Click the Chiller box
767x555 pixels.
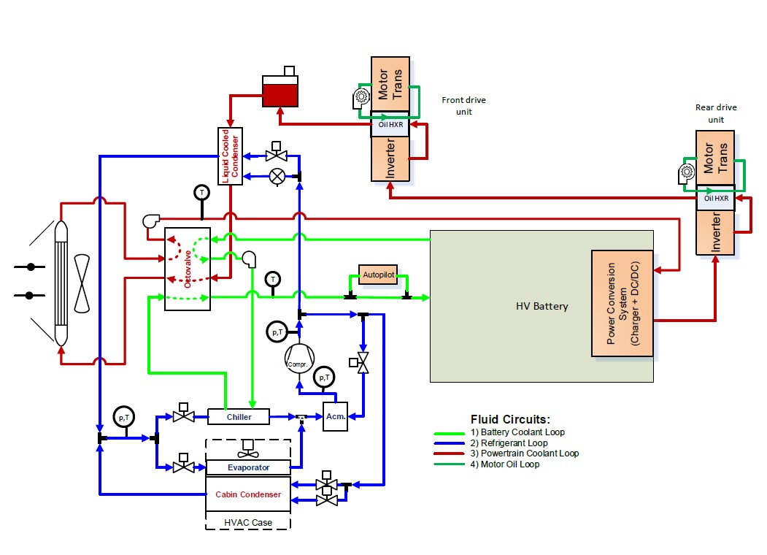click(x=239, y=416)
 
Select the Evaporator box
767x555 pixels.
click(x=248, y=467)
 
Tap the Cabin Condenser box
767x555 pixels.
click(x=248, y=494)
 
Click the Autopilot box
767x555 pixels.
click(x=378, y=275)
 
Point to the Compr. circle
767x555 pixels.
click(x=298, y=359)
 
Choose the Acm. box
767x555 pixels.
click(x=335, y=416)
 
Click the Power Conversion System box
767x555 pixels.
click(x=625, y=304)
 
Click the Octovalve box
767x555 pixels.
click(x=188, y=269)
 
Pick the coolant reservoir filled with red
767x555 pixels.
click(x=280, y=91)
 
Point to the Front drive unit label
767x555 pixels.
click(x=463, y=106)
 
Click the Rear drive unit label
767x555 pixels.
click(x=716, y=113)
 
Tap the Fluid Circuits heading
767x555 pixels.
click(x=510, y=420)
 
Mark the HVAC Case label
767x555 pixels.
click(x=247, y=522)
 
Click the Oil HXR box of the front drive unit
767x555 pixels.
click(x=390, y=123)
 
